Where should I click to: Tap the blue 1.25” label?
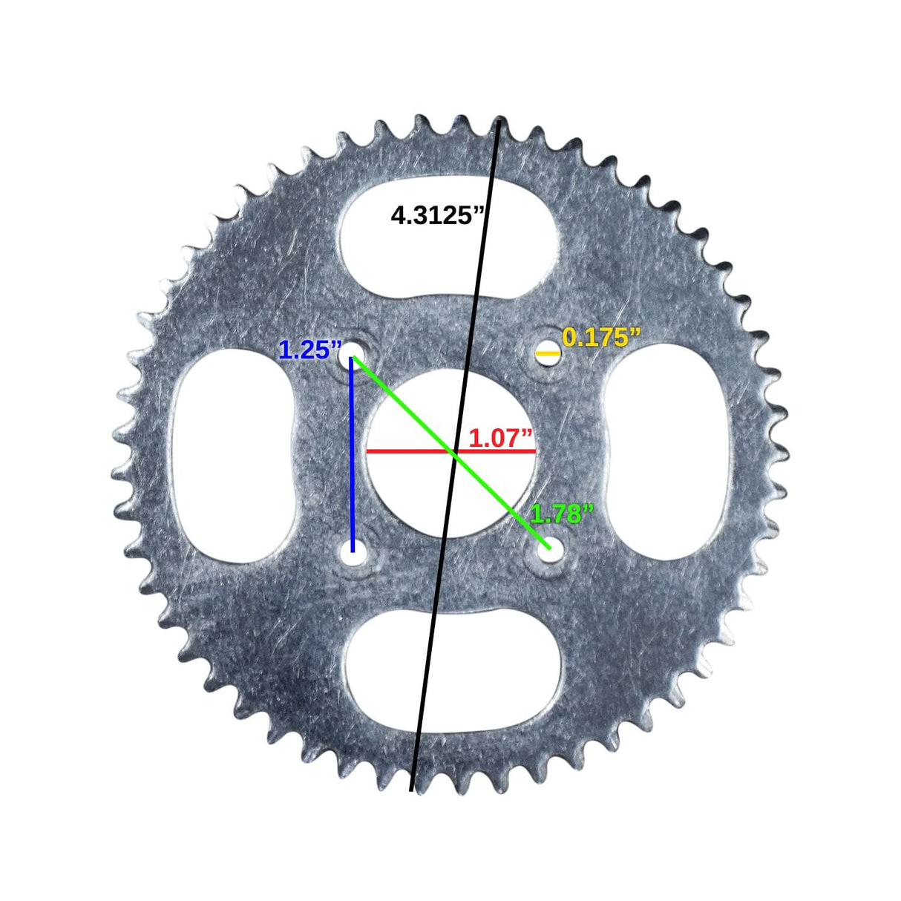point(310,350)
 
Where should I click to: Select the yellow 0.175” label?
point(601,337)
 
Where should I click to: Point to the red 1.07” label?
point(501,438)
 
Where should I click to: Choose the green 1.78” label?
point(562,514)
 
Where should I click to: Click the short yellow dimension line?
point(548,354)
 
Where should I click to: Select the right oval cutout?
point(668,450)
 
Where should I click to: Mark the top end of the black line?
point(501,121)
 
